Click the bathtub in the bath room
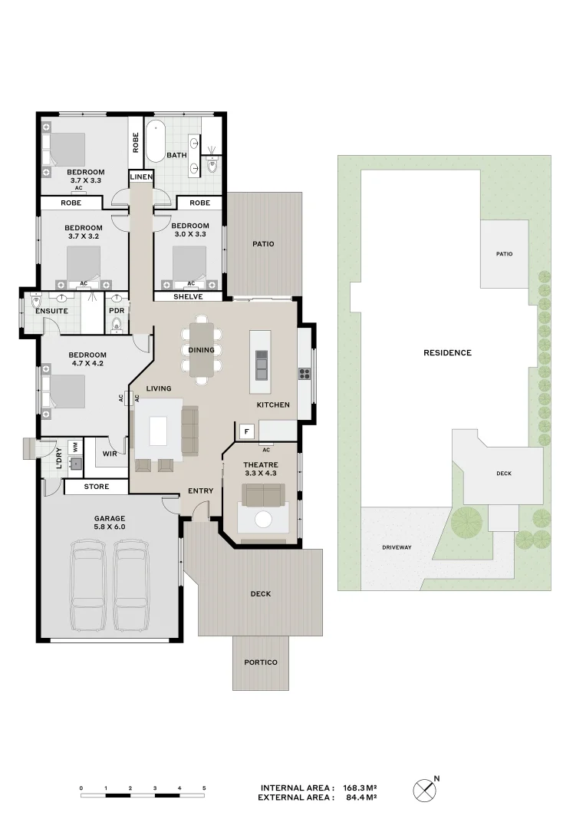click(x=156, y=141)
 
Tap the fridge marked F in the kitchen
click(x=247, y=431)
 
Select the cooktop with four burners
click(x=305, y=374)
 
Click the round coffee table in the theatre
click(x=263, y=520)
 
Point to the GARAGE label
click(x=110, y=519)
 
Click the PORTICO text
click(x=261, y=662)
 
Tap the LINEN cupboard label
click(x=141, y=177)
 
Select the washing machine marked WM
click(x=76, y=447)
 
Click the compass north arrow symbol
click(x=426, y=791)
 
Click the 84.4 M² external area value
click(x=361, y=798)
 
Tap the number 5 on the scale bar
click(x=204, y=788)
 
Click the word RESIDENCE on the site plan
click(x=448, y=352)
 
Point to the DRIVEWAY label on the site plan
click(x=397, y=548)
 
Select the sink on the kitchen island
click(x=262, y=365)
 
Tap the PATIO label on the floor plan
click(x=263, y=244)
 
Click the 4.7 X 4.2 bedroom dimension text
click(x=87, y=364)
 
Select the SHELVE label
click(x=188, y=297)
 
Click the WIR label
click(x=110, y=454)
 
